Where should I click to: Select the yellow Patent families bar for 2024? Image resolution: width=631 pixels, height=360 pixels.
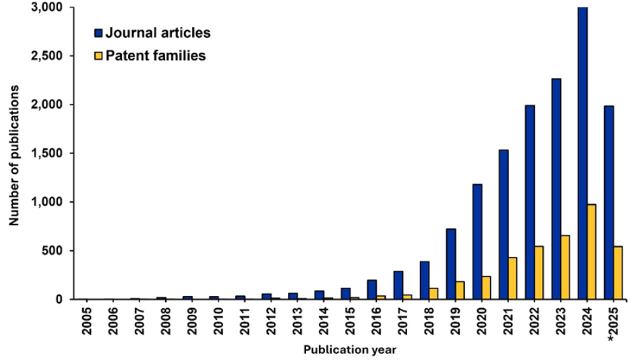coord(591,251)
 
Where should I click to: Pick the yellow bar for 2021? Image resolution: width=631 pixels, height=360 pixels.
coord(512,278)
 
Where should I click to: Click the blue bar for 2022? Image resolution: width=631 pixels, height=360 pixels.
coord(530,202)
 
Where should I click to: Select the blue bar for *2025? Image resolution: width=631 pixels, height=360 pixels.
coord(609,202)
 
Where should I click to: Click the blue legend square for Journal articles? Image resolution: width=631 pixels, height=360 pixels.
coord(98,32)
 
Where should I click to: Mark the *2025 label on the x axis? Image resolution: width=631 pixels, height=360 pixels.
coord(612,322)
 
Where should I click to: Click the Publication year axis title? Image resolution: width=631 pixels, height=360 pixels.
coord(349,350)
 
